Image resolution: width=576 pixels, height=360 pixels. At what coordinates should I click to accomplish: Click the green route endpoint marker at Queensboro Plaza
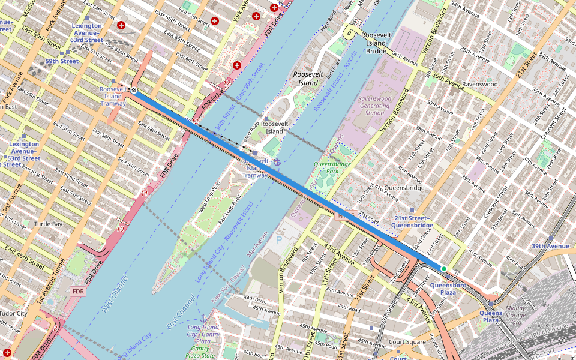(x=443, y=268)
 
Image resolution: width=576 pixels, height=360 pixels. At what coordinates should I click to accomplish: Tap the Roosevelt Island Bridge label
(x=376, y=43)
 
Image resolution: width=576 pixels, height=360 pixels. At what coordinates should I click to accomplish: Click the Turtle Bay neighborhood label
(x=48, y=224)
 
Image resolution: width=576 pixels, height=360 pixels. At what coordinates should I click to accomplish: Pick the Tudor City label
(x=13, y=313)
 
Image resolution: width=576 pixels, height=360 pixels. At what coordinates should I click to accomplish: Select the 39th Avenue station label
(x=550, y=246)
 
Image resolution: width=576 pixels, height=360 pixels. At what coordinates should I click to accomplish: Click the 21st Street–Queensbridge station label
(x=412, y=221)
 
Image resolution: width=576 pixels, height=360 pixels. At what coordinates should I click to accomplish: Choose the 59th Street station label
(x=62, y=61)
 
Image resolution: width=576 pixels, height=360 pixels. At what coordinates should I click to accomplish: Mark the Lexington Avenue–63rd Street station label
(x=87, y=33)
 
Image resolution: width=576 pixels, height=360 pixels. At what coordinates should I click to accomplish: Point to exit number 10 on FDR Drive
(x=121, y=229)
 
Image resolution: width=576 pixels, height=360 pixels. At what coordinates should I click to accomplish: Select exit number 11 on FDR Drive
(x=144, y=194)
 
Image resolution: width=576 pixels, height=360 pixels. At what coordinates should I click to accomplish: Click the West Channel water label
(x=115, y=294)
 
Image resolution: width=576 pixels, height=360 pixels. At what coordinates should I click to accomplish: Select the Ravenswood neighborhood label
(x=480, y=85)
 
